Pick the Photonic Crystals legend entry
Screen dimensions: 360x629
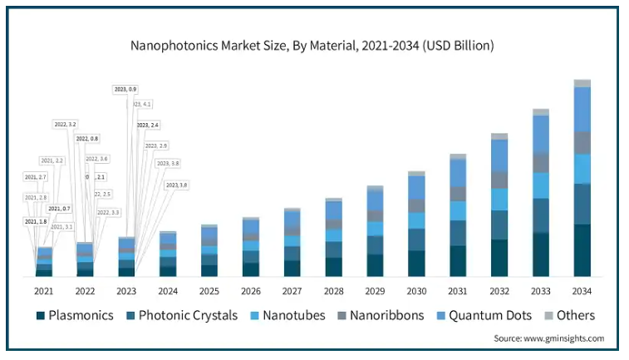pos(181,315)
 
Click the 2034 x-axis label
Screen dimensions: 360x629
pos(582,292)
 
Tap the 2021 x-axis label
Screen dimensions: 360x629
pos(44,292)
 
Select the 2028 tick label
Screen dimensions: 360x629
pos(333,292)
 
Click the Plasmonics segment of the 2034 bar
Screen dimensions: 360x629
pos(582,249)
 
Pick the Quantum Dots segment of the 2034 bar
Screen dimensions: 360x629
pos(582,109)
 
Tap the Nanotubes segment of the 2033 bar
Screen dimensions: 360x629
pos(541,185)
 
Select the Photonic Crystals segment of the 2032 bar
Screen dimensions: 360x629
pos(499,224)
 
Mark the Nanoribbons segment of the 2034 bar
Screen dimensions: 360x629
pos(582,142)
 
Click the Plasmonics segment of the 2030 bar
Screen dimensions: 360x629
pos(416,263)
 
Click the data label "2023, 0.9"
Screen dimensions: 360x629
pos(125,88)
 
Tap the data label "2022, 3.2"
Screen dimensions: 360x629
pos(66,124)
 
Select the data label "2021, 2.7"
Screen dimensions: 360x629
pos(36,177)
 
